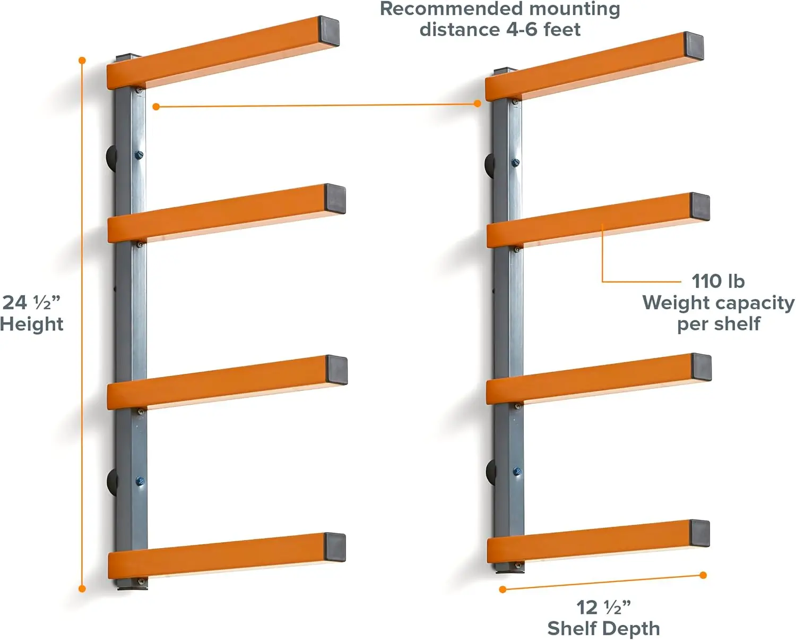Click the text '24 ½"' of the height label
(31, 303)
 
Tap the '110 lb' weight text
(717, 281)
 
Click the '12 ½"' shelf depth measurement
(603, 607)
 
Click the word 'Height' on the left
(32, 324)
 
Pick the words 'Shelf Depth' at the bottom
(603, 628)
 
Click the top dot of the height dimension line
(82, 61)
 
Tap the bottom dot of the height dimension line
(82, 588)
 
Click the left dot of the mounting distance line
(156, 107)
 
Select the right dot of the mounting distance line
(478, 104)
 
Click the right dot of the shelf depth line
(703, 575)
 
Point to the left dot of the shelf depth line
(503, 589)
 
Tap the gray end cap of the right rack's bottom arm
(699, 533)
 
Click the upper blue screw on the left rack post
(139, 155)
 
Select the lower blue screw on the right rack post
(517, 472)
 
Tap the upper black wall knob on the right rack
(490, 164)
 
